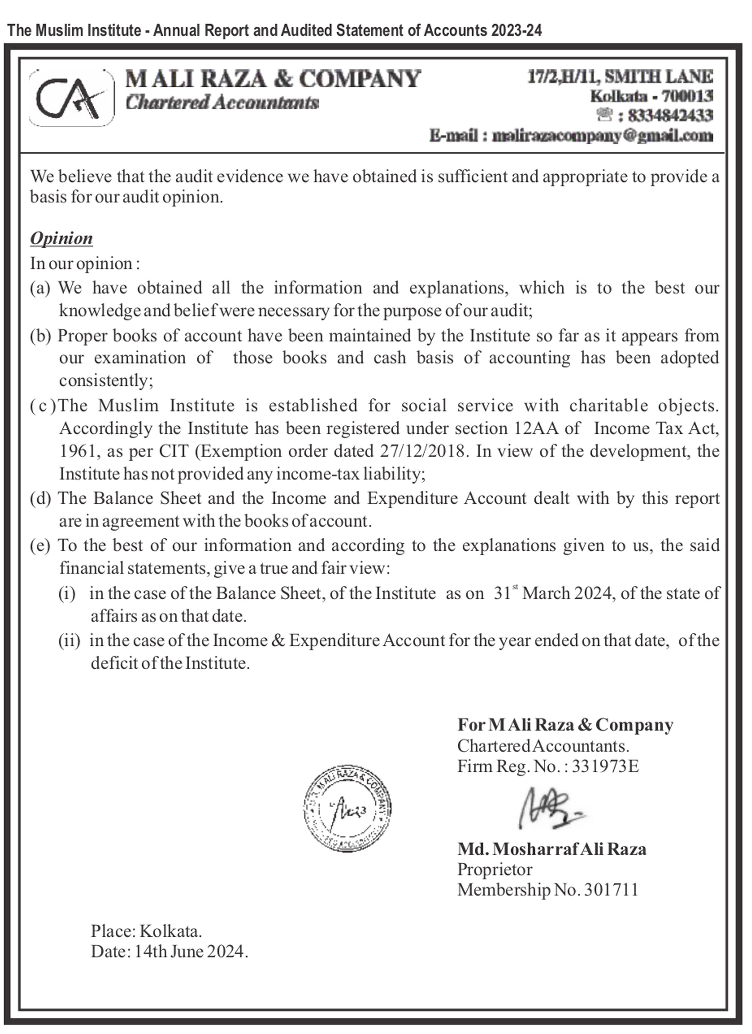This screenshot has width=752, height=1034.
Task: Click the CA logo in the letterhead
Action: click(x=72, y=98)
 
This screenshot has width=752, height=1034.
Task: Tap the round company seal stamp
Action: click(x=347, y=809)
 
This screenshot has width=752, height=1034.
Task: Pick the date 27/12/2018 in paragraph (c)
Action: click(x=422, y=451)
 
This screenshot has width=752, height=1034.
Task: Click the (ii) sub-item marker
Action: click(x=69, y=641)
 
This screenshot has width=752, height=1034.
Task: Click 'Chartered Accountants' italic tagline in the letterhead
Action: click(x=222, y=103)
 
